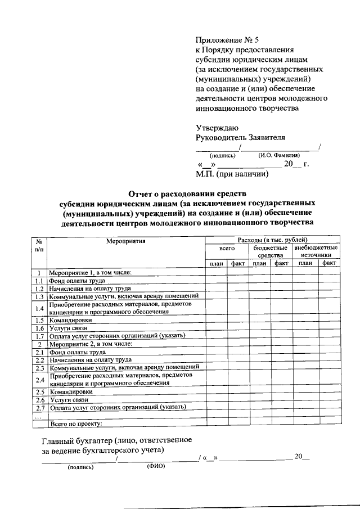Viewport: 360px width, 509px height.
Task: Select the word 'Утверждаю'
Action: (217, 127)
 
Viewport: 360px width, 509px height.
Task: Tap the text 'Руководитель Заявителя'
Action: (240, 138)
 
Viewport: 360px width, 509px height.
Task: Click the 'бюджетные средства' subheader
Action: (270, 251)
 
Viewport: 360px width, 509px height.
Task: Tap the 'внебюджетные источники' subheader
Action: (315, 251)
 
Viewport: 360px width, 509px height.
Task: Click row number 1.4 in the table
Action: (39, 308)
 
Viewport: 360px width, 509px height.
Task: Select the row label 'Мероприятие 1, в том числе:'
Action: (90, 273)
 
